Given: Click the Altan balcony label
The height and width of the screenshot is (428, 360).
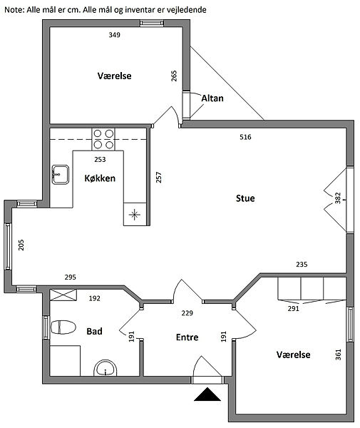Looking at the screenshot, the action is point(212,98).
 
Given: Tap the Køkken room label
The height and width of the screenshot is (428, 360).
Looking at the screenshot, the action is point(100,178).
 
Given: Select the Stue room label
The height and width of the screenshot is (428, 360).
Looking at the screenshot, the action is point(245,198).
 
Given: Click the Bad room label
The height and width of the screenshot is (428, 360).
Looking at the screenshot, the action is point(94,331).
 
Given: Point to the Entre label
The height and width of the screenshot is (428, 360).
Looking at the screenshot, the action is point(187,337).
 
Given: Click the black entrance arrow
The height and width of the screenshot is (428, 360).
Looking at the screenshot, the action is point(207,394).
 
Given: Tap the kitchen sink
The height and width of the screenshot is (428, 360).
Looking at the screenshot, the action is point(61,175).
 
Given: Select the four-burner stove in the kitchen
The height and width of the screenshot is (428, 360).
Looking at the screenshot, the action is point(103,139).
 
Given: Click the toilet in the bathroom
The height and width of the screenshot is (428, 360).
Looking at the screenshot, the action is point(63,327).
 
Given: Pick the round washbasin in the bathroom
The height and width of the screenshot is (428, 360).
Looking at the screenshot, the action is point(106,367).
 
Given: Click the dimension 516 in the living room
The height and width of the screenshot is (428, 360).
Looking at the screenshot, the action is point(245,137).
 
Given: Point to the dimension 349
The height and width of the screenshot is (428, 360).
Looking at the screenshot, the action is point(114,35).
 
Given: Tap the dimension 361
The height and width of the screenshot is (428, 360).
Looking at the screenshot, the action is point(338,355).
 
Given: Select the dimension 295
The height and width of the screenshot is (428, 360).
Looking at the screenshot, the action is point(71,277).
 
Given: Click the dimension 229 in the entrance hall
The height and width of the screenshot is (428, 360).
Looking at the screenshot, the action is point(187,313).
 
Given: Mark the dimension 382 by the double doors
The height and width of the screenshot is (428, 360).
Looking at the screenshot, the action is point(338,198).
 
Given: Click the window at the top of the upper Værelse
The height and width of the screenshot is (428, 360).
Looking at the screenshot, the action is point(152,24).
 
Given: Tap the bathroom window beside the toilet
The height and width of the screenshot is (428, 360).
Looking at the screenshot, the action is point(46,327).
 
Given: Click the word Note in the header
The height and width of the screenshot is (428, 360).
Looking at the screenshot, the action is point(14,10).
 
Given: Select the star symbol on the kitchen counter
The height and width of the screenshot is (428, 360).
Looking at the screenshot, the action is point(135,215).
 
